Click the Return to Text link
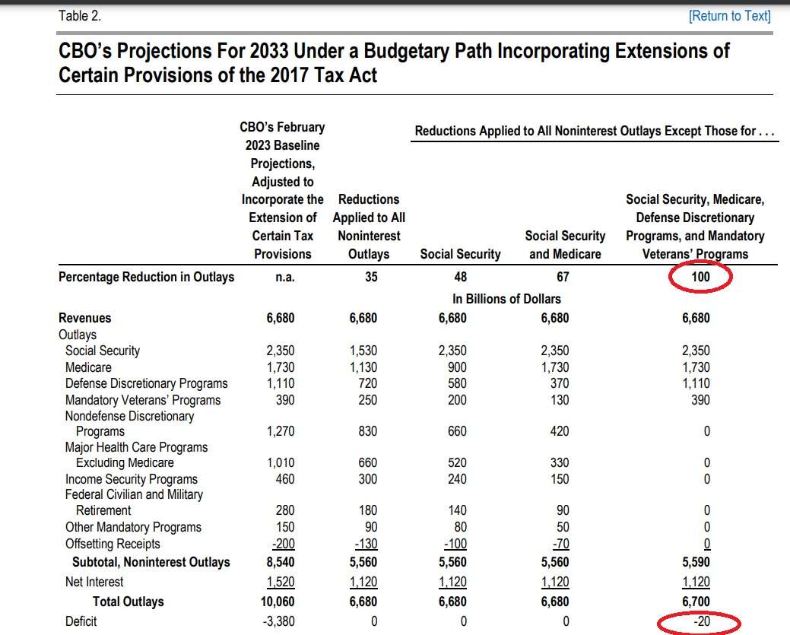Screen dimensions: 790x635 coord(729,16)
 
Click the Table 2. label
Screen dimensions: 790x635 coord(80,16)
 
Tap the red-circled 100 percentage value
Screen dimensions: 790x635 coord(700,277)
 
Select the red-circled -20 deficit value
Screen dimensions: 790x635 coord(702,621)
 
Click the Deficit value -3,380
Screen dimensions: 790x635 coord(278,621)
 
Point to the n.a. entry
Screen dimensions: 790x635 coord(285,277)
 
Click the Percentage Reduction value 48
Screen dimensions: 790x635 coord(461,277)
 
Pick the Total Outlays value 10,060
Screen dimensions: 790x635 coord(278,602)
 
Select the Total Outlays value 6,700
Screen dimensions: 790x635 coord(696,602)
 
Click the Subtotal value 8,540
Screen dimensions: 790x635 coord(281,562)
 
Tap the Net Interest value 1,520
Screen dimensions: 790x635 coord(281,582)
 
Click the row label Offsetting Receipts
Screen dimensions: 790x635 coord(113,544)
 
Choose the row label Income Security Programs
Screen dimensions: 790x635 coord(132,479)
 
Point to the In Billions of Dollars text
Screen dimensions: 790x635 coord(506,299)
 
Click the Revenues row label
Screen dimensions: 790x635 coord(84,318)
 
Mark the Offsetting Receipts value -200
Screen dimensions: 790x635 coord(284,544)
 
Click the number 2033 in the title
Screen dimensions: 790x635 coord(269,51)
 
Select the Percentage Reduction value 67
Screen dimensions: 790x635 coord(563,277)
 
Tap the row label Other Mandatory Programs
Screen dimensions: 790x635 coord(133,527)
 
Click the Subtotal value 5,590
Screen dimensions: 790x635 coord(696,562)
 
